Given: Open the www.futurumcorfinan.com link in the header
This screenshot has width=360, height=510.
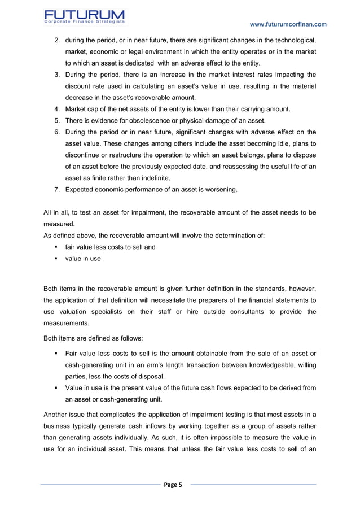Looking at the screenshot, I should [288, 24].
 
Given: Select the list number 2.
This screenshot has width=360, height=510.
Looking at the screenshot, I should [57, 41].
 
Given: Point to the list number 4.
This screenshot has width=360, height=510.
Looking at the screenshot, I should [57, 109].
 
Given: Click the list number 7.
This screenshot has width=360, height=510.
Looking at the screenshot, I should [57, 190].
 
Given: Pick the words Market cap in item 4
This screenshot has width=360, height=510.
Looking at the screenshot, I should [83, 109].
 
